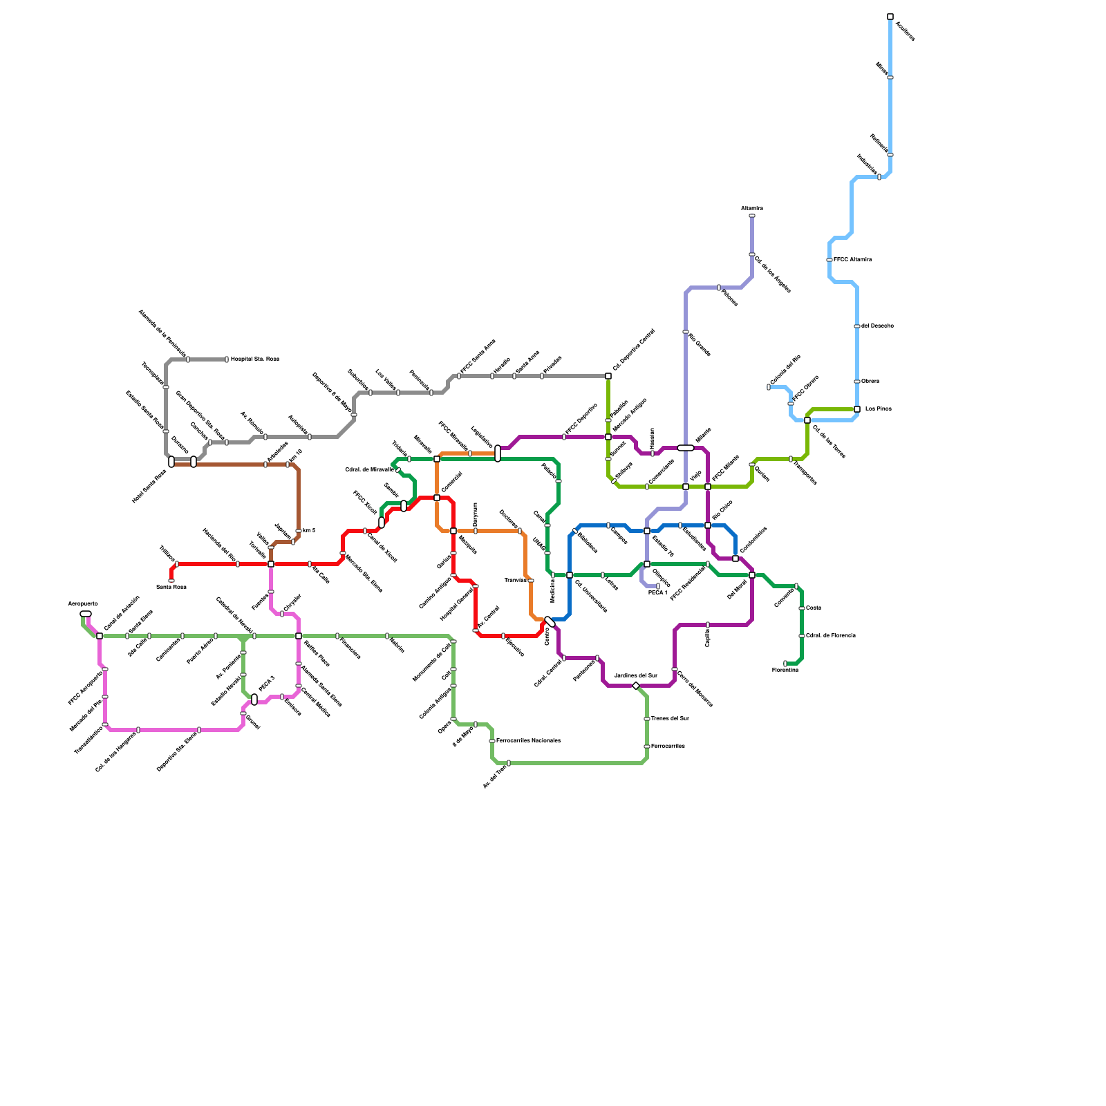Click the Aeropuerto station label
82,603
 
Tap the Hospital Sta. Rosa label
254,359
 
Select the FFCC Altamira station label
852,260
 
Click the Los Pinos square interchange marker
857,409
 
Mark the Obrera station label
870,382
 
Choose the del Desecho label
877,326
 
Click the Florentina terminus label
785,671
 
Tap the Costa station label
814,608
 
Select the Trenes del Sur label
670,719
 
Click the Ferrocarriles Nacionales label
528,741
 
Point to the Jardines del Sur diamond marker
636,686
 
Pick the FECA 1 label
657,593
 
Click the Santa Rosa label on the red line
171,588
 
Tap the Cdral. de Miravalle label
369,470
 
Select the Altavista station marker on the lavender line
752,216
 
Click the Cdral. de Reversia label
831,636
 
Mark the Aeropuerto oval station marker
86,614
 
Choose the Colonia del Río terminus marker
769,387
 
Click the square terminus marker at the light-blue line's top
890,17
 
